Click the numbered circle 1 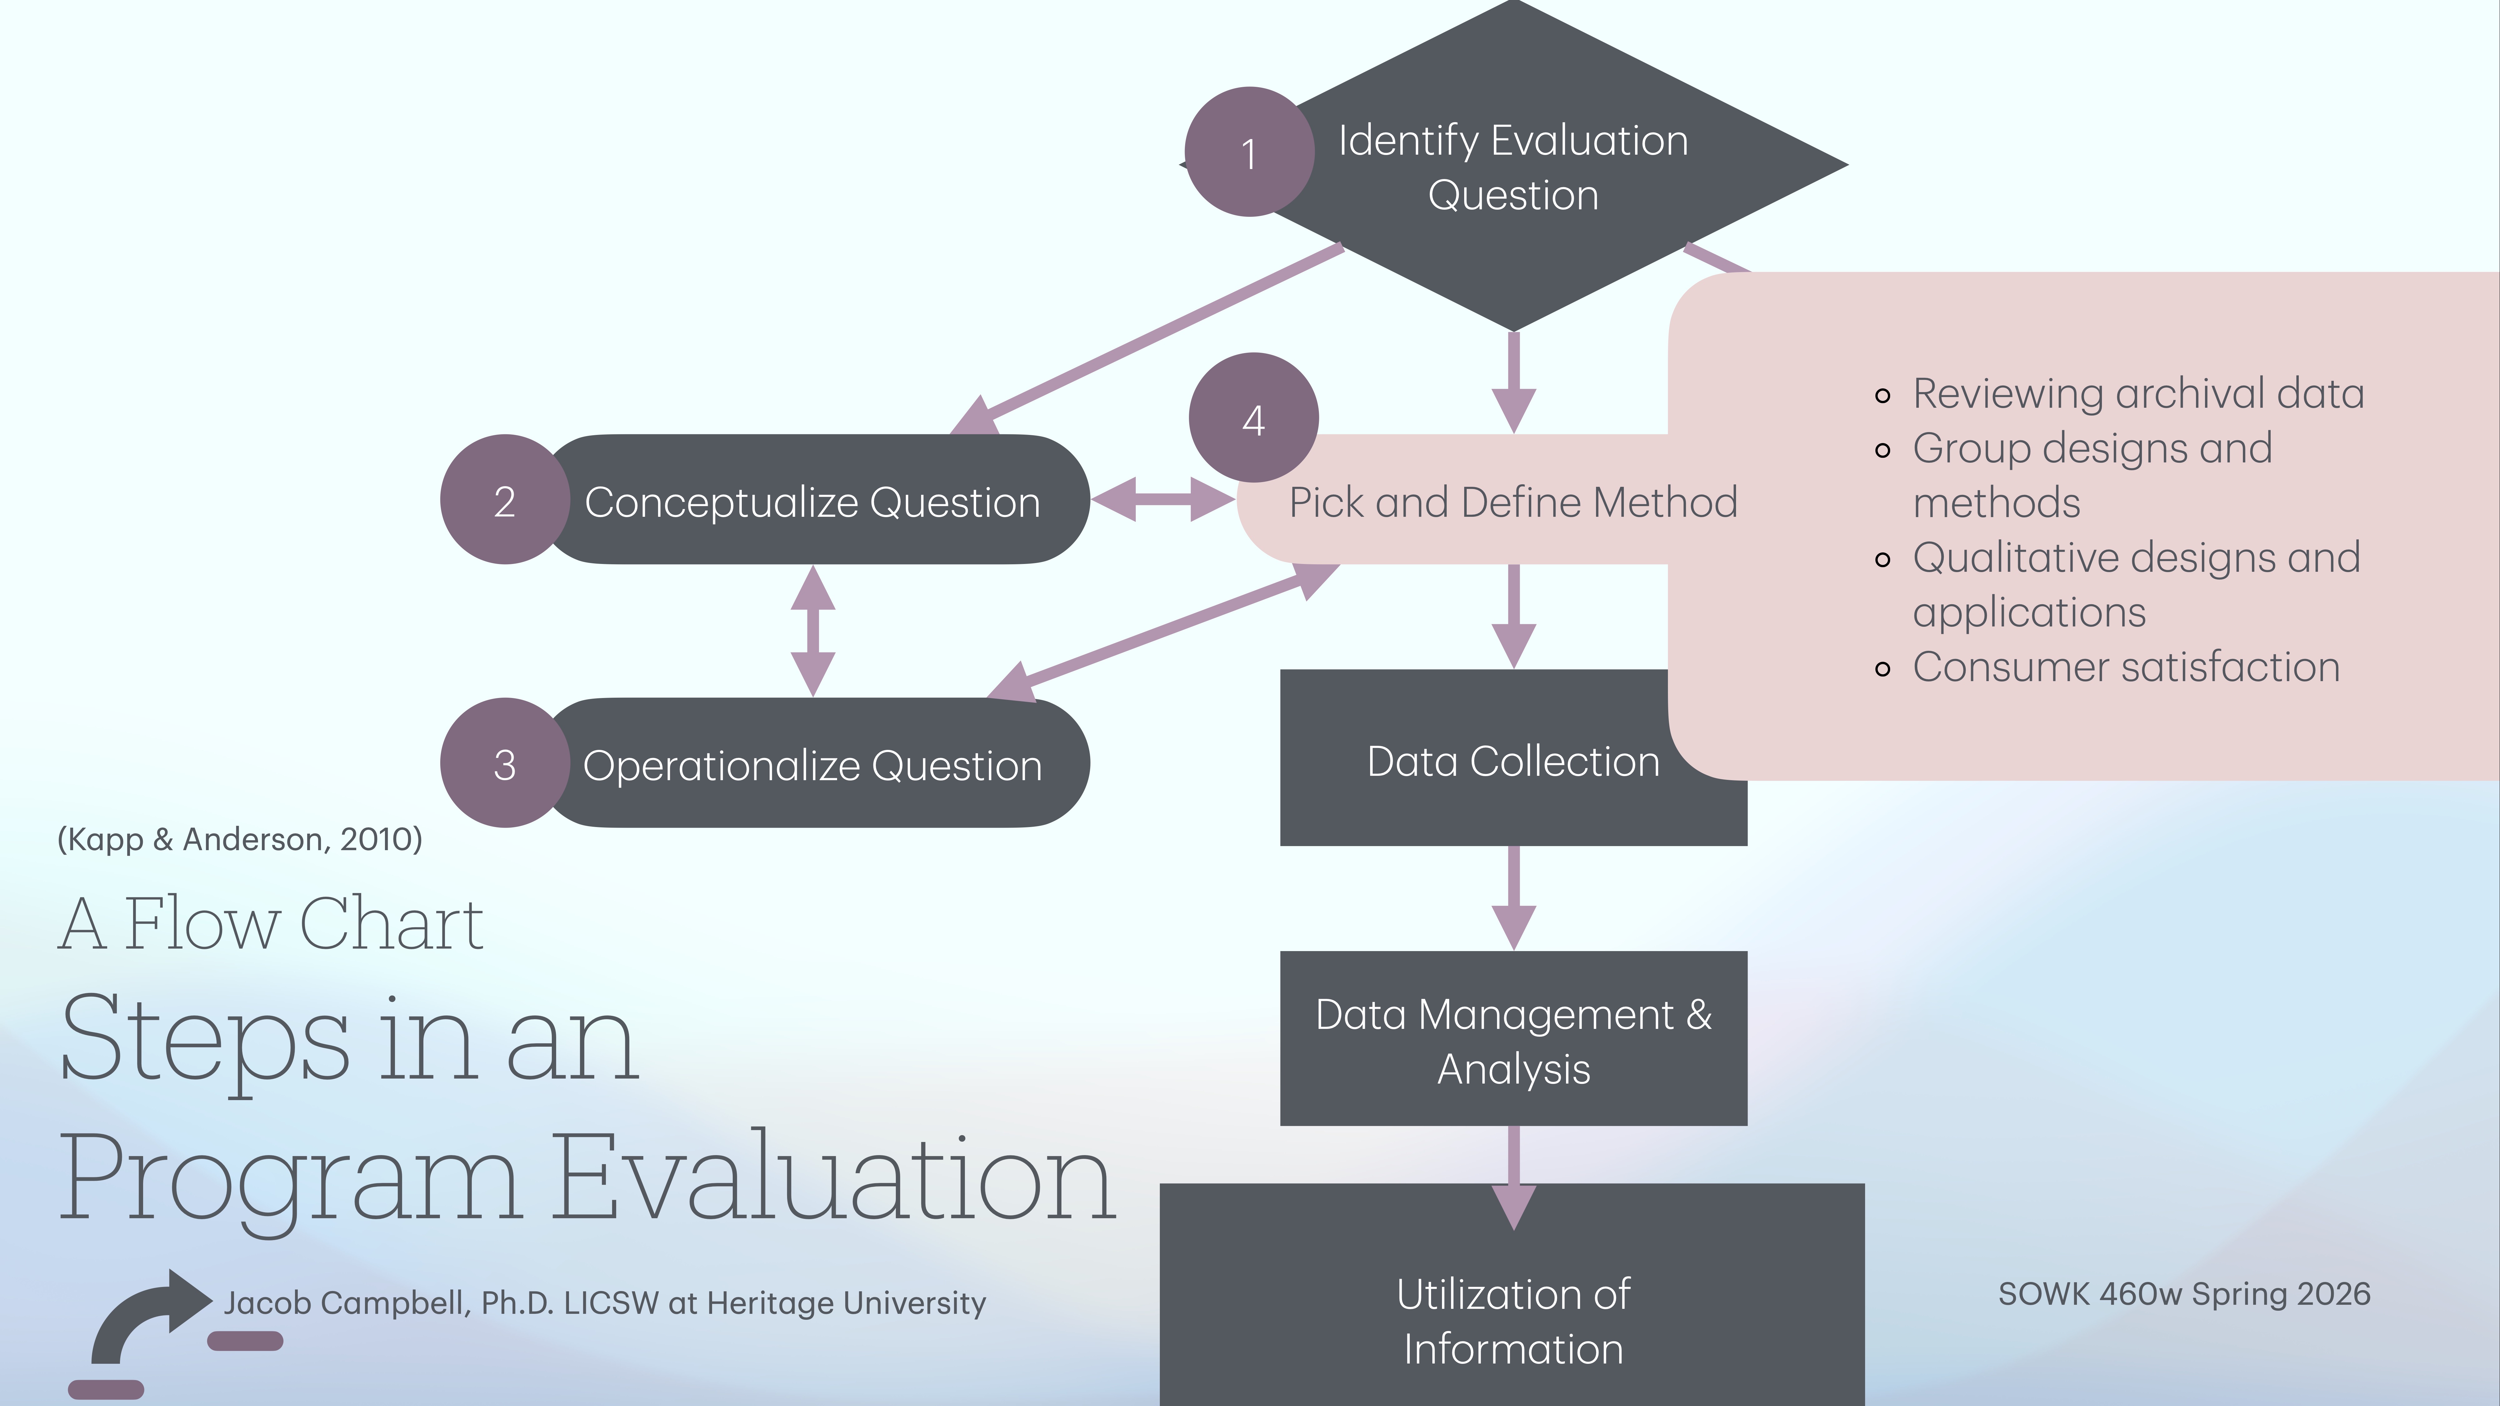click(x=1249, y=152)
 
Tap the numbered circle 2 click(x=505, y=500)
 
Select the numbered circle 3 click(x=505, y=764)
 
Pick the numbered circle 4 click(x=1253, y=418)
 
